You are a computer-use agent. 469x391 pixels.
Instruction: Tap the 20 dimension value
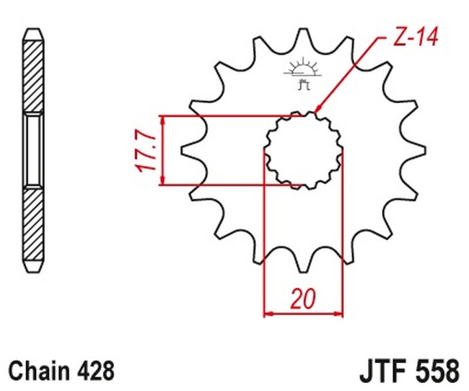tap(303, 297)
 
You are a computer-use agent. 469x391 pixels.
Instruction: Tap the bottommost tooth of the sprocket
tap(302, 269)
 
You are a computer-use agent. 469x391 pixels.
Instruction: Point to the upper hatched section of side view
tap(33, 72)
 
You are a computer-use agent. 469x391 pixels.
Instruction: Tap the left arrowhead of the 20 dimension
tap(268, 314)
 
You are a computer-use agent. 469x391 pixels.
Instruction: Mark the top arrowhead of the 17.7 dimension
tap(164, 120)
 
